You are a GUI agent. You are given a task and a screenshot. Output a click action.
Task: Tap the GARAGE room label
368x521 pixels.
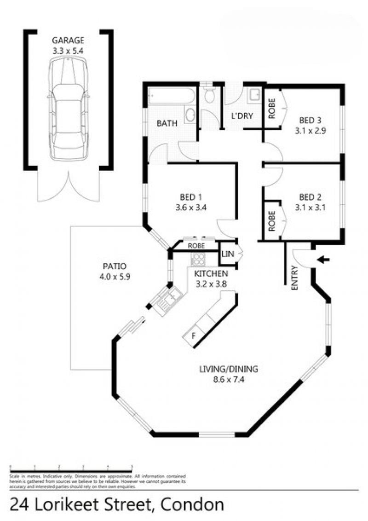pos(68,40)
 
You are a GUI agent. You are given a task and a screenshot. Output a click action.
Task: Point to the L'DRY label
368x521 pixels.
pos(242,116)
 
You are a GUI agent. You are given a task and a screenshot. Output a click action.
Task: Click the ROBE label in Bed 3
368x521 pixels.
pos(271,109)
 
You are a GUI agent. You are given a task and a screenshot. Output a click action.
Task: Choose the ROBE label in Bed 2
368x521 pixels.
pos(271,221)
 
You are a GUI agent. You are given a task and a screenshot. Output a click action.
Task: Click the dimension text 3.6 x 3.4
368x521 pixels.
pos(190,207)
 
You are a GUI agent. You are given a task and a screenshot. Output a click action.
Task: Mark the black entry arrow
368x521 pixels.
pos(325,260)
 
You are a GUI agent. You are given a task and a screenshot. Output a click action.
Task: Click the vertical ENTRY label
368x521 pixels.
pos(295,278)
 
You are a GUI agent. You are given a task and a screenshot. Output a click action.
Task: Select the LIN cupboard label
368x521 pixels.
pos(228,254)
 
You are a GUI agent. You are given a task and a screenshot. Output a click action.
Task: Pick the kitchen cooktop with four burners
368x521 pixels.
pos(198,259)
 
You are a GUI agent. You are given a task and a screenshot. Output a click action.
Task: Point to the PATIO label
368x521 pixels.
pos(115,266)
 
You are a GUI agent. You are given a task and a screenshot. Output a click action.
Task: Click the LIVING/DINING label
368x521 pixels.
pos(229,369)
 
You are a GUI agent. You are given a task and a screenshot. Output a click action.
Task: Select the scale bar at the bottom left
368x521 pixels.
pos(71,467)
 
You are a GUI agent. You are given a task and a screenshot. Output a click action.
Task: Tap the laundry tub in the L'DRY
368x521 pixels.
pos(254,96)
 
